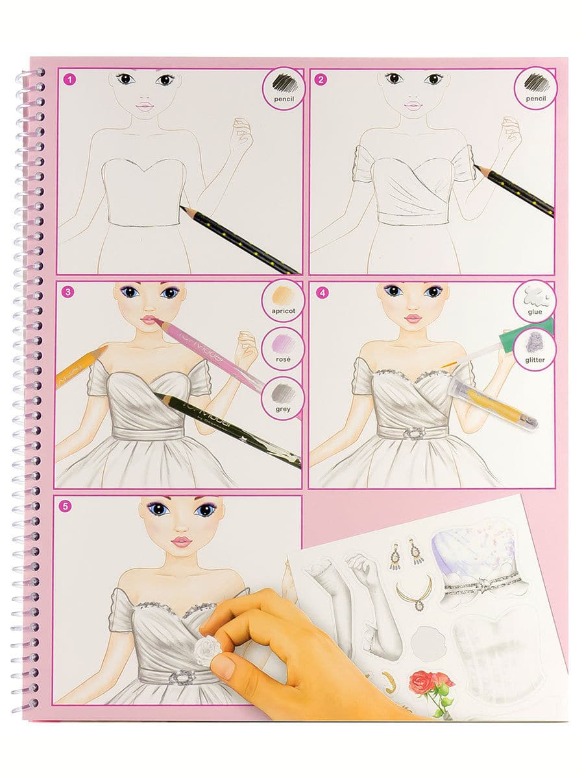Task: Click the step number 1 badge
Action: (x=70, y=79)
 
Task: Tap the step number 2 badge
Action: (x=321, y=79)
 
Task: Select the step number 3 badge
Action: (x=68, y=292)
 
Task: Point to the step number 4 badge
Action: (x=322, y=293)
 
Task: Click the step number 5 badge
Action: (x=65, y=506)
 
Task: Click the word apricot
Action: (x=284, y=311)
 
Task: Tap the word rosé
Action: (x=284, y=359)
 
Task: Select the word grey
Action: (x=284, y=409)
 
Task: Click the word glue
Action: (x=535, y=312)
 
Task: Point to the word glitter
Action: (x=535, y=360)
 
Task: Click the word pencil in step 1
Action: (x=284, y=99)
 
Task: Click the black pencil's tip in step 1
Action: (x=181, y=207)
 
